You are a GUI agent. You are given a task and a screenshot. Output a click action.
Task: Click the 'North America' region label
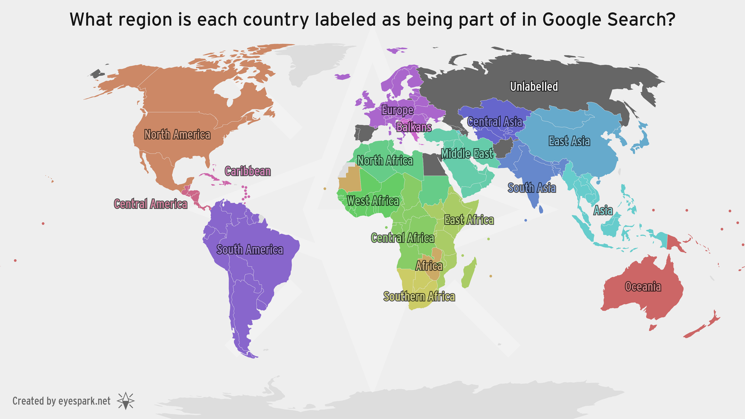[x=177, y=134]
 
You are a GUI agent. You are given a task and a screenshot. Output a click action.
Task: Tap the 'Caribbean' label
[x=248, y=171]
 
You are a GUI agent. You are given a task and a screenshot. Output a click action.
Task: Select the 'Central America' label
[x=150, y=204]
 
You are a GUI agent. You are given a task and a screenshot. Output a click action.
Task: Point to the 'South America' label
[x=250, y=250]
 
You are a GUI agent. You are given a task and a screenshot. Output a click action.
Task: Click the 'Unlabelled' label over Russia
[x=534, y=87]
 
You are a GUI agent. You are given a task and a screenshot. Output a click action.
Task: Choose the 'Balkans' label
[x=414, y=127]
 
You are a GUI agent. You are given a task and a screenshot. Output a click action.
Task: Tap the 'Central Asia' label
[x=495, y=122]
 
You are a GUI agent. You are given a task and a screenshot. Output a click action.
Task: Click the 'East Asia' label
[x=569, y=141]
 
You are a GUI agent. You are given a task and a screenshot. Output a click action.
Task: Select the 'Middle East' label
[x=467, y=153]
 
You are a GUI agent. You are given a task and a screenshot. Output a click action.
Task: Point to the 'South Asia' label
[x=532, y=188]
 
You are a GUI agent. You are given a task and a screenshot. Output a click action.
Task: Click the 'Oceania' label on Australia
[x=643, y=287]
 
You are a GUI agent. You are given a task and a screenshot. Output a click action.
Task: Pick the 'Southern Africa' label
[x=419, y=297]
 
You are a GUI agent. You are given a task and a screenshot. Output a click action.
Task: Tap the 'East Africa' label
[x=469, y=220]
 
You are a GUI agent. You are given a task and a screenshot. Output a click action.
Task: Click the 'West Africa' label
[x=373, y=201]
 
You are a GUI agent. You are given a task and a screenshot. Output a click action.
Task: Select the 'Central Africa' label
[x=403, y=238]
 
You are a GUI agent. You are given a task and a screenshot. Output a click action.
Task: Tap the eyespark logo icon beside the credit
[x=126, y=401]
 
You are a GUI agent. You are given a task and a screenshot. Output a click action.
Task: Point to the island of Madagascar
[x=469, y=274]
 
